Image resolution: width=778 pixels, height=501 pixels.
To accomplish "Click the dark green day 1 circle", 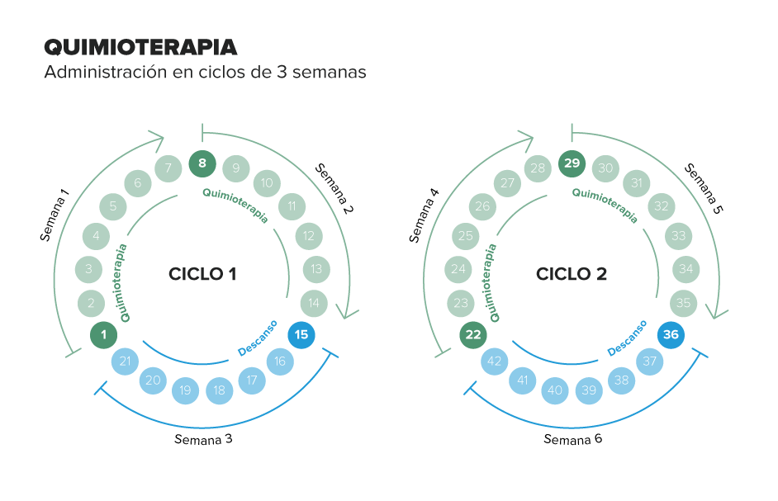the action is (x=104, y=335).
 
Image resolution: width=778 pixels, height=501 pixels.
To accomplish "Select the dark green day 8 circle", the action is (x=202, y=163).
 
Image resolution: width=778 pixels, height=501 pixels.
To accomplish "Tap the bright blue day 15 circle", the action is (x=301, y=335).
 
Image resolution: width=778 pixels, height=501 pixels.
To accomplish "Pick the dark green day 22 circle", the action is (x=473, y=335).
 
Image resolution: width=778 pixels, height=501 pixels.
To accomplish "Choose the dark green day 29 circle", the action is (x=572, y=163).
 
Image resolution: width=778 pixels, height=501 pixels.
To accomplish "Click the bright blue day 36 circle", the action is (x=671, y=335).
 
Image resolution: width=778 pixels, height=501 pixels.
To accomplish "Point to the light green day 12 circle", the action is (x=309, y=236).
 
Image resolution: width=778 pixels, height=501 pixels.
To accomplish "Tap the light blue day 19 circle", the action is (x=186, y=390).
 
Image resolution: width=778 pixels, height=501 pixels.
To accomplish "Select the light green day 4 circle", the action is (x=97, y=236).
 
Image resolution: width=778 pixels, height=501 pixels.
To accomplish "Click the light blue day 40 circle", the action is (x=555, y=390).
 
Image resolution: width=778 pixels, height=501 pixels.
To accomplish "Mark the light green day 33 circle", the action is (x=679, y=236).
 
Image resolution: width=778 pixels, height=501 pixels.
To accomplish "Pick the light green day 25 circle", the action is (x=466, y=236).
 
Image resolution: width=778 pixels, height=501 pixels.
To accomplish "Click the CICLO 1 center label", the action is (x=202, y=274).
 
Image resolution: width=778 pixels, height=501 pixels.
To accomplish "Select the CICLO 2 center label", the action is (x=572, y=274).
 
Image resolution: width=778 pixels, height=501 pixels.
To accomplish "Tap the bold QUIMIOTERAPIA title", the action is (x=141, y=48).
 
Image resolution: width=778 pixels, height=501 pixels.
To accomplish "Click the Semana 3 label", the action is (x=203, y=439).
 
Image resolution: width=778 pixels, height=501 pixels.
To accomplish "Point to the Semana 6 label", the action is (x=573, y=439).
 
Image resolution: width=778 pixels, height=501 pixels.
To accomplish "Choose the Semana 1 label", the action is (x=54, y=215).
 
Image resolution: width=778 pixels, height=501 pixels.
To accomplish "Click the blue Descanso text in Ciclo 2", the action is (x=627, y=338).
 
